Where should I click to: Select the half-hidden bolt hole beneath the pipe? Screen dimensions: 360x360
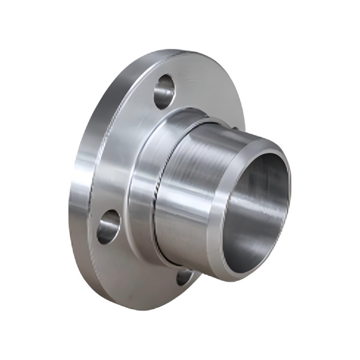(184, 276)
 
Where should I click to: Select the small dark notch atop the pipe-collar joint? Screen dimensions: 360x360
(237, 128)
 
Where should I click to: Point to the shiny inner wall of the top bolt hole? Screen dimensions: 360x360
(168, 86)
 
